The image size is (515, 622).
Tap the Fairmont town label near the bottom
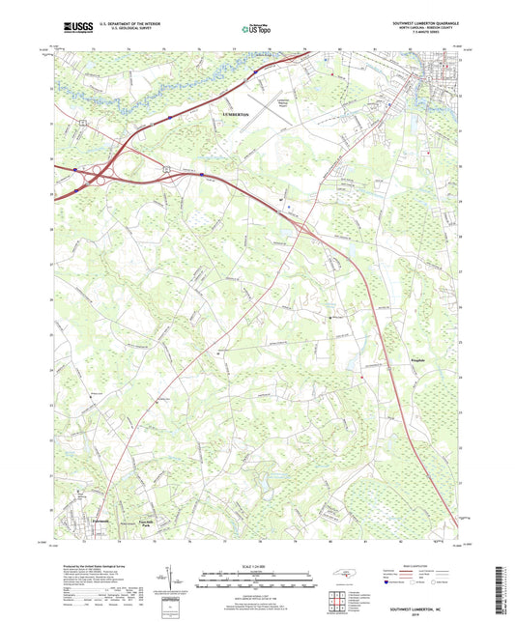pyautogui.click(x=85, y=519)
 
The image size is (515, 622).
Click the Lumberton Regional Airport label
pyautogui.click(x=284, y=102)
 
